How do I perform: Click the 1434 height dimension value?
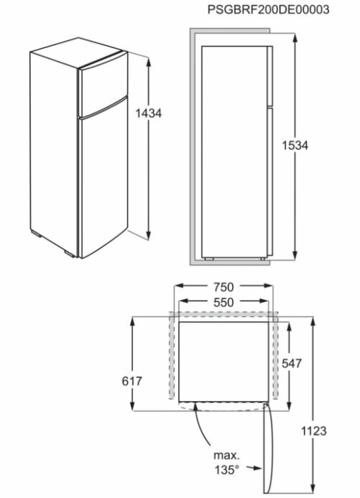tap(148, 113)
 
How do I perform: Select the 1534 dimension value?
tap(295, 145)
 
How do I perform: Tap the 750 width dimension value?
tap(225, 287)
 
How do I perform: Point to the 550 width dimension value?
tap(225, 303)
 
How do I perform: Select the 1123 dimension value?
tap(313, 431)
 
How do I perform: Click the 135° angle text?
tap(226, 470)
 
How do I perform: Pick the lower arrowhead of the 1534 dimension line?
tap(295, 256)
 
